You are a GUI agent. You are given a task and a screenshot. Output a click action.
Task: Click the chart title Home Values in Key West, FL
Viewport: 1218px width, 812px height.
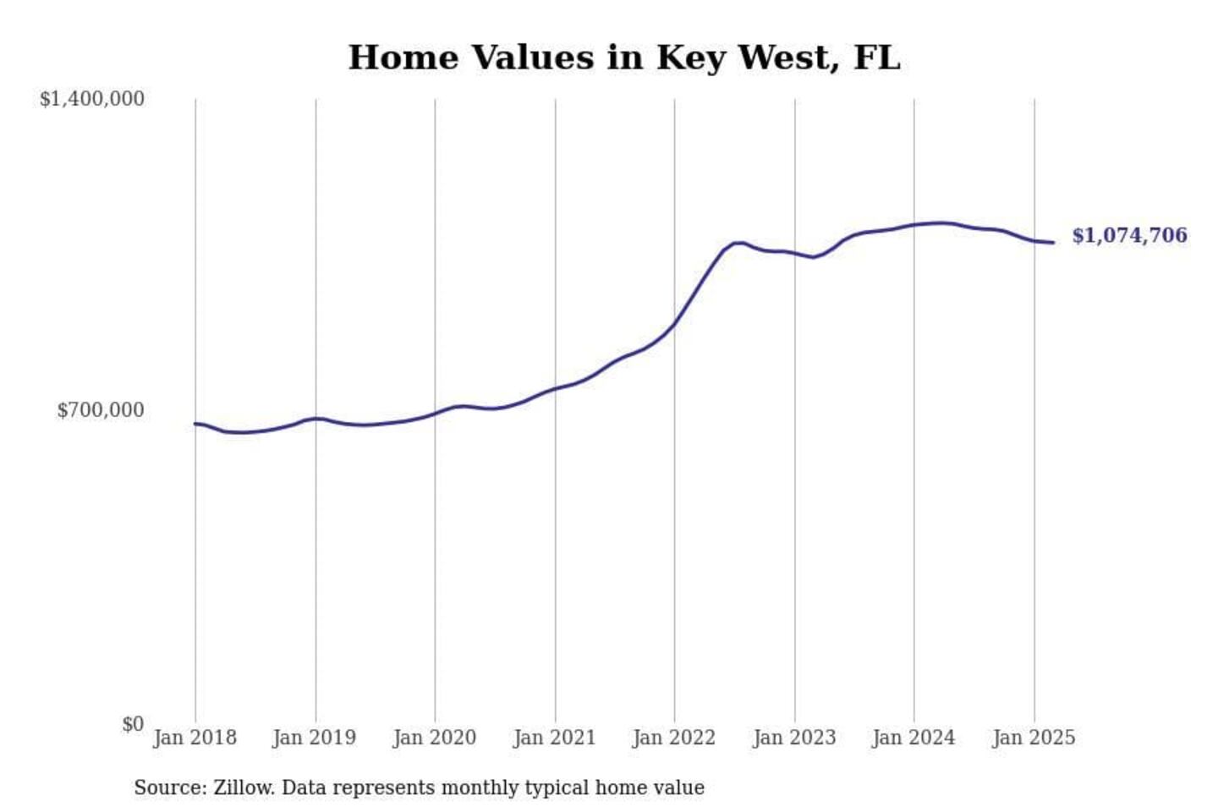click(624, 58)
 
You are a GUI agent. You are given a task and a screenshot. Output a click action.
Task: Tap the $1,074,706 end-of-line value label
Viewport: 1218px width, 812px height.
click(1129, 235)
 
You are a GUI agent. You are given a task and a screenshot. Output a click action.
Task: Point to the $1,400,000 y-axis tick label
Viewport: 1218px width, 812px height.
click(92, 99)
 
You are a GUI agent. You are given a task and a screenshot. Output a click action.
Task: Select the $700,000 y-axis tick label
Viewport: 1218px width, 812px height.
click(101, 410)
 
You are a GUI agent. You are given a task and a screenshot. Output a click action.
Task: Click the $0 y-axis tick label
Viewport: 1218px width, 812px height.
click(133, 724)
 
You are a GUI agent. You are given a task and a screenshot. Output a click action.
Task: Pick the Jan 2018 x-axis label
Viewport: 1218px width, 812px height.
click(195, 738)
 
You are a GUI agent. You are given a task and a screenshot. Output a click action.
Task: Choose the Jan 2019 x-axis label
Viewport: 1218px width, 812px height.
click(315, 738)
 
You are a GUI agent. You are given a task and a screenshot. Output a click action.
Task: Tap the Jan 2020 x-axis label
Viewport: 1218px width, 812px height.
click(435, 738)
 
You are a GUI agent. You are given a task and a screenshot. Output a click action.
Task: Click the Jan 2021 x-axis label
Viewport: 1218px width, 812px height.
click(555, 738)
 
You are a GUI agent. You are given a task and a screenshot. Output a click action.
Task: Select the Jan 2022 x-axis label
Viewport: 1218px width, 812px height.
click(674, 738)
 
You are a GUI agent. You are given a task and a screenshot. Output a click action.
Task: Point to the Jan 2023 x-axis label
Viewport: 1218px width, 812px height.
click(794, 738)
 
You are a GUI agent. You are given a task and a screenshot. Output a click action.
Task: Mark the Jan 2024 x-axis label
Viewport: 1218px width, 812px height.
click(913, 738)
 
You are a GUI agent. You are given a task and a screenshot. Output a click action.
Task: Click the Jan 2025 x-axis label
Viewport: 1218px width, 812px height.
click(1034, 738)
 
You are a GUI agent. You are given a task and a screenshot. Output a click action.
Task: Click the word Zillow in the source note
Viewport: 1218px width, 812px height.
click(243, 787)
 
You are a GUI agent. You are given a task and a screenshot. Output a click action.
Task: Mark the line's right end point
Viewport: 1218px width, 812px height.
click(1053, 243)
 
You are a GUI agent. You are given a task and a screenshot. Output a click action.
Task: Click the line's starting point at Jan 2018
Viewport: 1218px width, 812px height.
click(195, 424)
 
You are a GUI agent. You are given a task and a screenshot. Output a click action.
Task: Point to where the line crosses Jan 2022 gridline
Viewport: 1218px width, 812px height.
click(675, 323)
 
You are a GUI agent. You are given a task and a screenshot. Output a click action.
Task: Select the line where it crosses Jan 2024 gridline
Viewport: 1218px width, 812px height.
click(914, 225)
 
